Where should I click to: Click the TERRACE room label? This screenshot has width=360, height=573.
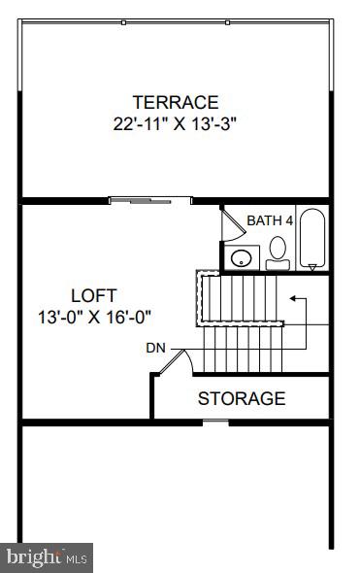(x=176, y=102)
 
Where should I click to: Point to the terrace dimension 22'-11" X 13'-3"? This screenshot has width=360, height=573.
(x=176, y=123)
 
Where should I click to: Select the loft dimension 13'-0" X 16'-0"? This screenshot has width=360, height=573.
(x=94, y=316)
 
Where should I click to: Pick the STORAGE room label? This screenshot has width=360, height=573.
(x=242, y=398)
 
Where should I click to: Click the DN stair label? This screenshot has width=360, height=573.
(x=155, y=347)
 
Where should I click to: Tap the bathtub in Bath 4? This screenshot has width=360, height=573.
(x=311, y=239)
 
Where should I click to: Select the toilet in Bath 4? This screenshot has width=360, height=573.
(x=278, y=250)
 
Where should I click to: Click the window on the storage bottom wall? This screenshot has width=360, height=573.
(x=215, y=421)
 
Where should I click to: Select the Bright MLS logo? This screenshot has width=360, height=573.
(x=47, y=557)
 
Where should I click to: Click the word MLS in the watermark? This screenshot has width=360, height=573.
(x=78, y=558)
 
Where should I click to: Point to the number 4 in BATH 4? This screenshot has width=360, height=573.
(x=287, y=221)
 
